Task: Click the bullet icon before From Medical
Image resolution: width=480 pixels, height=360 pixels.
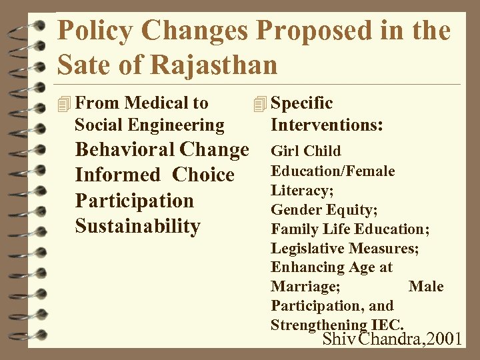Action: [x=64, y=104]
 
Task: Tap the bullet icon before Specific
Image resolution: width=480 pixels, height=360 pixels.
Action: [x=260, y=104]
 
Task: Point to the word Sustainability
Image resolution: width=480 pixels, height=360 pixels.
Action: [x=137, y=226]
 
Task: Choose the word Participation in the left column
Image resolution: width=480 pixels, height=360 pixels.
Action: [x=134, y=201]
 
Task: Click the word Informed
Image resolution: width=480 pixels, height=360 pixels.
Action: [x=118, y=175]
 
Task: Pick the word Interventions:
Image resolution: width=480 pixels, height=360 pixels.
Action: [x=326, y=125]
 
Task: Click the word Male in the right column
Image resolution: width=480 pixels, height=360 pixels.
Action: [x=425, y=287]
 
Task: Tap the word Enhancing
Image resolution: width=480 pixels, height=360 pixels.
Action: [x=305, y=267]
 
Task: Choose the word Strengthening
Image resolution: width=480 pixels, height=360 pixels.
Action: [x=317, y=325]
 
